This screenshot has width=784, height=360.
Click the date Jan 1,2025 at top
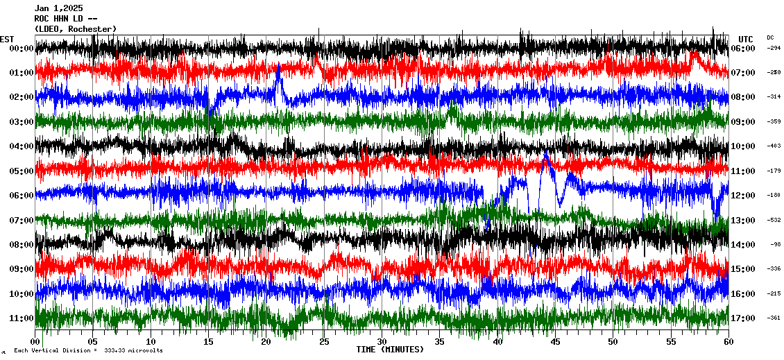[58, 8]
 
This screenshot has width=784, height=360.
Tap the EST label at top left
[7, 39]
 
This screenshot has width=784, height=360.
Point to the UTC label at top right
[746, 39]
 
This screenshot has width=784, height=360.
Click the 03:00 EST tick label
[22, 122]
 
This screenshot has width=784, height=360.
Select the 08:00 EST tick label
[22, 245]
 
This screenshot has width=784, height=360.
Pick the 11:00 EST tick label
[22, 318]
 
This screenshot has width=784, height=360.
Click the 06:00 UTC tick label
[742, 49]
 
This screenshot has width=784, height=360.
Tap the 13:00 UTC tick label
[742, 221]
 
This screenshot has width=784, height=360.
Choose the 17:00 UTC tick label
[742, 318]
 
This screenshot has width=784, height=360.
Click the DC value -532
[774, 221]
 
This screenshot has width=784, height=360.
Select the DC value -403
[774, 146]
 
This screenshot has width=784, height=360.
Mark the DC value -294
[774, 49]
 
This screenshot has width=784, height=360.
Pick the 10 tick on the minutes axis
[151, 342]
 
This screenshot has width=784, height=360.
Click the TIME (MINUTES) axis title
[390, 350]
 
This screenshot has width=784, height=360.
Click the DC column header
[770, 37]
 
